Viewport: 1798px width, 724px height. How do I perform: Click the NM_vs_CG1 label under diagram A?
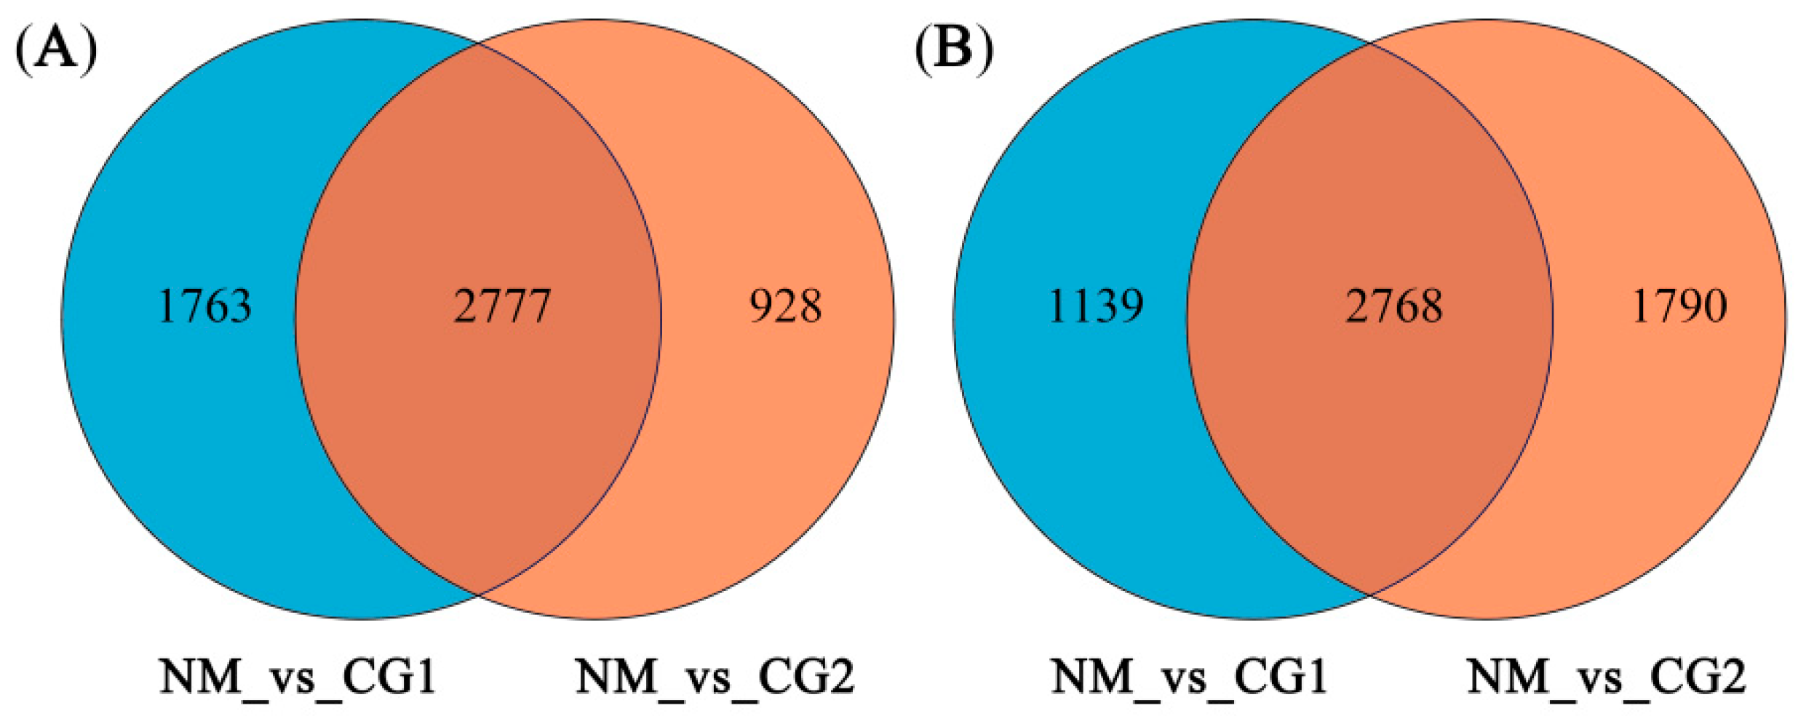pos(298,677)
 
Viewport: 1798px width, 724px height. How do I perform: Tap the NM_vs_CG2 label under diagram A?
pos(715,677)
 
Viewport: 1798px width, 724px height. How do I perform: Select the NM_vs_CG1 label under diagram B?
pos(1189,677)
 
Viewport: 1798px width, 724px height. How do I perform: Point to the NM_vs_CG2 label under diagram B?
pos(1606,677)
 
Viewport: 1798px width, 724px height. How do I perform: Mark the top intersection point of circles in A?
pos(478,43)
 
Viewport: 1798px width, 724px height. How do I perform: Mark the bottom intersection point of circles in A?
pos(478,594)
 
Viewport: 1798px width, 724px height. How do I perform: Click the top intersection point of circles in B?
pos(1370,43)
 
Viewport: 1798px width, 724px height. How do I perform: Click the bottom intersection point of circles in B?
pos(1370,594)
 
